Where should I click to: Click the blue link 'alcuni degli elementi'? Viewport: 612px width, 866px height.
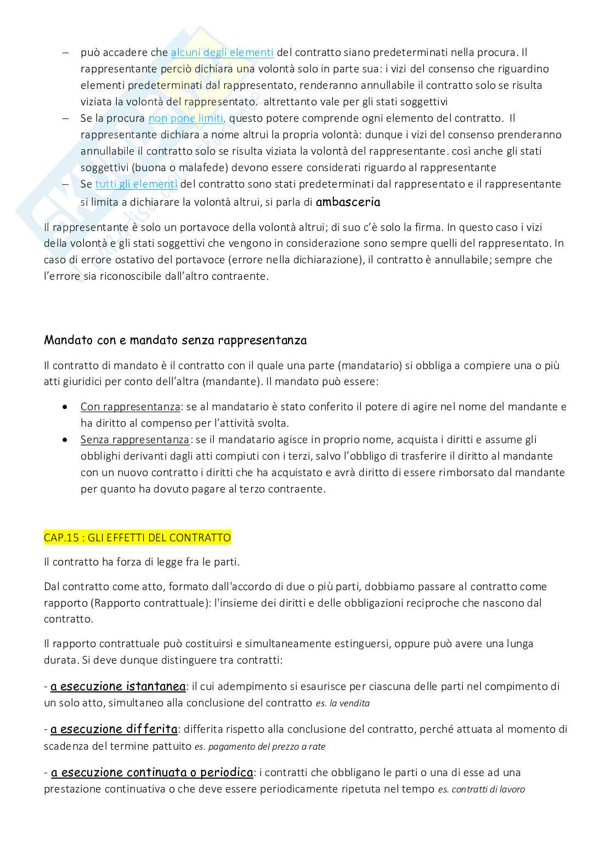pyautogui.click(x=222, y=53)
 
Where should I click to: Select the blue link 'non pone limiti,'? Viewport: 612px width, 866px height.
pyautogui.click(x=186, y=118)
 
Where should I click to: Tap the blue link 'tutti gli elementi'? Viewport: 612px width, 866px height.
pyautogui.click(x=136, y=184)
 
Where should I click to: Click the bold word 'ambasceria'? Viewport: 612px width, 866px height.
pyautogui.click(x=348, y=202)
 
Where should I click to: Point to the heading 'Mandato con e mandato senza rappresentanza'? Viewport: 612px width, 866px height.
pyautogui.click(x=175, y=341)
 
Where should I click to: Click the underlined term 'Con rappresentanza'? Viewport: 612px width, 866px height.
pyautogui.click(x=130, y=407)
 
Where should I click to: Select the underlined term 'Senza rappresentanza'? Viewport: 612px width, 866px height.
pyautogui.click(x=134, y=440)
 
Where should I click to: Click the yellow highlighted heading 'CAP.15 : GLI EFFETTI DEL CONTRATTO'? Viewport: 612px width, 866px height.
pyautogui.click(x=137, y=537)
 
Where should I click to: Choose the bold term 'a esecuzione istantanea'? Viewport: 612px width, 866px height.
pyautogui.click(x=118, y=687)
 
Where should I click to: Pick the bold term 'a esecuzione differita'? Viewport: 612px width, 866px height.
pyautogui.click(x=114, y=729)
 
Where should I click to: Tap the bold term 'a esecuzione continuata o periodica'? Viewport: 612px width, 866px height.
pyautogui.click(x=152, y=773)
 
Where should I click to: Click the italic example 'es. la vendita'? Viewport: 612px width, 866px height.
pyautogui.click(x=343, y=703)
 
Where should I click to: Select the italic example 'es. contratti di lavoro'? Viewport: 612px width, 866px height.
pyautogui.click(x=481, y=790)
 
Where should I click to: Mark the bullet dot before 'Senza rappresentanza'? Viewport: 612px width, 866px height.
pyautogui.click(x=66, y=440)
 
